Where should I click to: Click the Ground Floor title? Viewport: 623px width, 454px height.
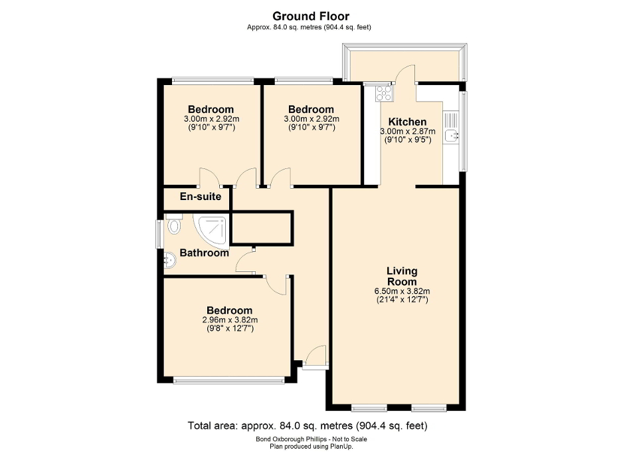coord(311,15)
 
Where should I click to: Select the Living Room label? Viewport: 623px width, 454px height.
coord(402,276)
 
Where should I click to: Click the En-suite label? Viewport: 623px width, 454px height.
coord(201,197)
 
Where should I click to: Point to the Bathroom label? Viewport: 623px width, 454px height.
coord(204,253)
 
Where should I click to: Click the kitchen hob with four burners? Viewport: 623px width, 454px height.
coord(384,93)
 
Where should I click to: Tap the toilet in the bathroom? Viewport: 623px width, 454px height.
coord(174,225)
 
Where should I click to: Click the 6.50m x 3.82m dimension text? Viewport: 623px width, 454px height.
coord(402,291)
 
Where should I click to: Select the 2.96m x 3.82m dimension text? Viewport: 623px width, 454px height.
coord(229,320)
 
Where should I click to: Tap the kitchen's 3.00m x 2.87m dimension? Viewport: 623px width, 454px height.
coord(405,132)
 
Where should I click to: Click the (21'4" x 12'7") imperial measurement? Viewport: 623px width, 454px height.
coord(402,300)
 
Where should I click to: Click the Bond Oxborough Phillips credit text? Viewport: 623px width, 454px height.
coord(311,439)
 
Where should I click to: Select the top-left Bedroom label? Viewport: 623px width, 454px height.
coord(211,110)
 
